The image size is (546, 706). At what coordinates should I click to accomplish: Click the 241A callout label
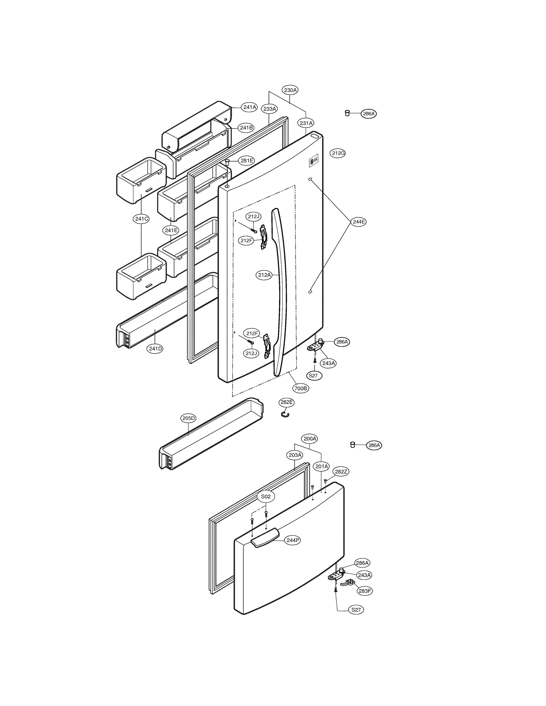[x=249, y=107]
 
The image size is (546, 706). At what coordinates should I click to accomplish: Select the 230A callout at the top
[x=290, y=90]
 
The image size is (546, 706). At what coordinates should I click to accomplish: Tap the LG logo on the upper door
[x=314, y=161]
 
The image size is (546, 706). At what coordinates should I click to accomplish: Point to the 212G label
[x=338, y=153]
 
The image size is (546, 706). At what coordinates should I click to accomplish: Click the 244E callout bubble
[x=359, y=222]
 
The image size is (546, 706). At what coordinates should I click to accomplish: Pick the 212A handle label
[x=264, y=275]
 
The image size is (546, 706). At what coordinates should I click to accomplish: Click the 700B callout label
[x=300, y=388]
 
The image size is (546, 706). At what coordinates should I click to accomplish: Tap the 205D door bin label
[x=188, y=418]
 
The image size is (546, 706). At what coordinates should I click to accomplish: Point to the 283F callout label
[x=365, y=591]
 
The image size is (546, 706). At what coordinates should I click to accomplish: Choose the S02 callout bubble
[x=266, y=497]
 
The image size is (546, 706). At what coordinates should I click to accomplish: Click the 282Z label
[x=341, y=472]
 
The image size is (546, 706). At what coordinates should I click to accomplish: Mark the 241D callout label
[x=155, y=348]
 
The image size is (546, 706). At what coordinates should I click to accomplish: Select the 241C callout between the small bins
[x=141, y=219]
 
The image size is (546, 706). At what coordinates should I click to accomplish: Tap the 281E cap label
[x=246, y=161]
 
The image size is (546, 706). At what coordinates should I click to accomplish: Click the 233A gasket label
[x=270, y=109]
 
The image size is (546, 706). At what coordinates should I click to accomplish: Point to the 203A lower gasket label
[x=295, y=455]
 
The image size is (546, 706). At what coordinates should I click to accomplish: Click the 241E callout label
[x=171, y=230]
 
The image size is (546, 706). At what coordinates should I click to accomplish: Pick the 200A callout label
[x=310, y=439]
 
